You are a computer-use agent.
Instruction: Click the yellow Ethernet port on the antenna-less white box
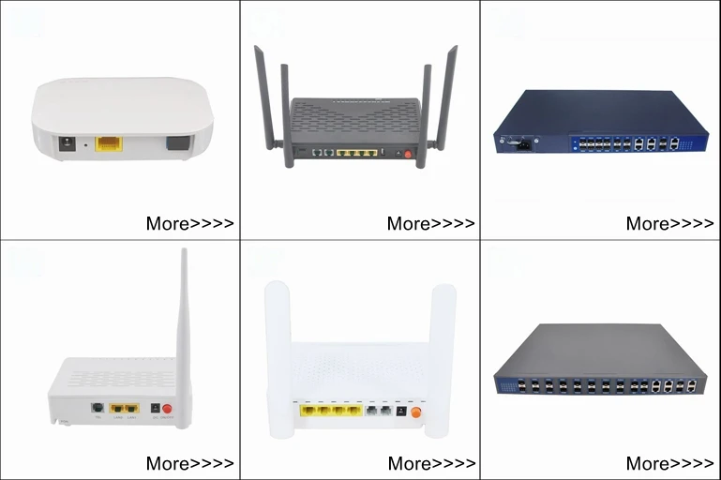click(x=110, y=143)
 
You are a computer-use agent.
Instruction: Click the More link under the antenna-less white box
click(x=189, y=224)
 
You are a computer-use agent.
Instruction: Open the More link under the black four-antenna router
click(x=430, y=224)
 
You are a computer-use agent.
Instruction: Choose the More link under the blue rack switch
click(x=669, y=224)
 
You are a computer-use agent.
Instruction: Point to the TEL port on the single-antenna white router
click(x=97, y=408)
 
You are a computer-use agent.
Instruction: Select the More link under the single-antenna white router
click(x=189, y=463)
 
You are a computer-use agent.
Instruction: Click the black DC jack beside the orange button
click(x=402, y=411)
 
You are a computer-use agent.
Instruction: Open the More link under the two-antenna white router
click(x=430, y=463)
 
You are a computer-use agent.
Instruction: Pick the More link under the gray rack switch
click(x=669, y=463)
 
